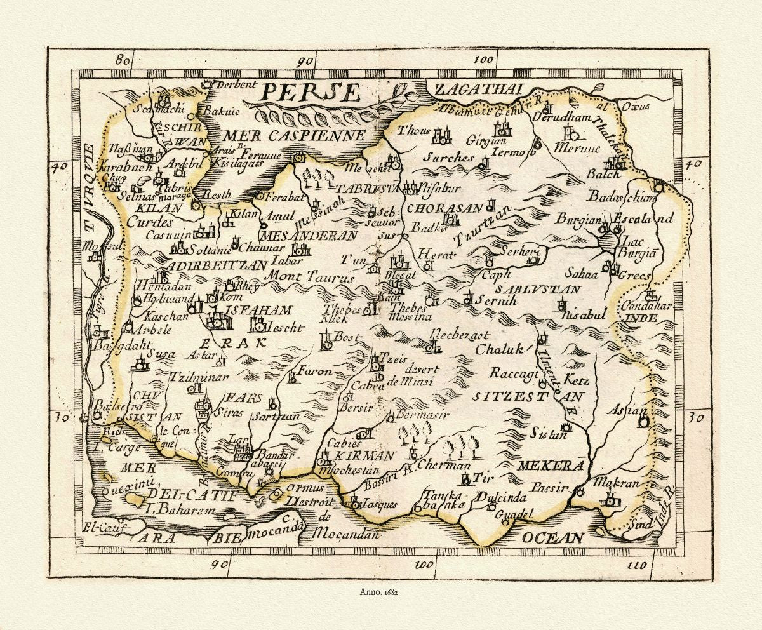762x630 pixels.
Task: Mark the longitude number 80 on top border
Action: point(123,61)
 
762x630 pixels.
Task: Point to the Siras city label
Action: point(232,413)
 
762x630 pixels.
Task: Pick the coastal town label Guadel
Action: point(511,514)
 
